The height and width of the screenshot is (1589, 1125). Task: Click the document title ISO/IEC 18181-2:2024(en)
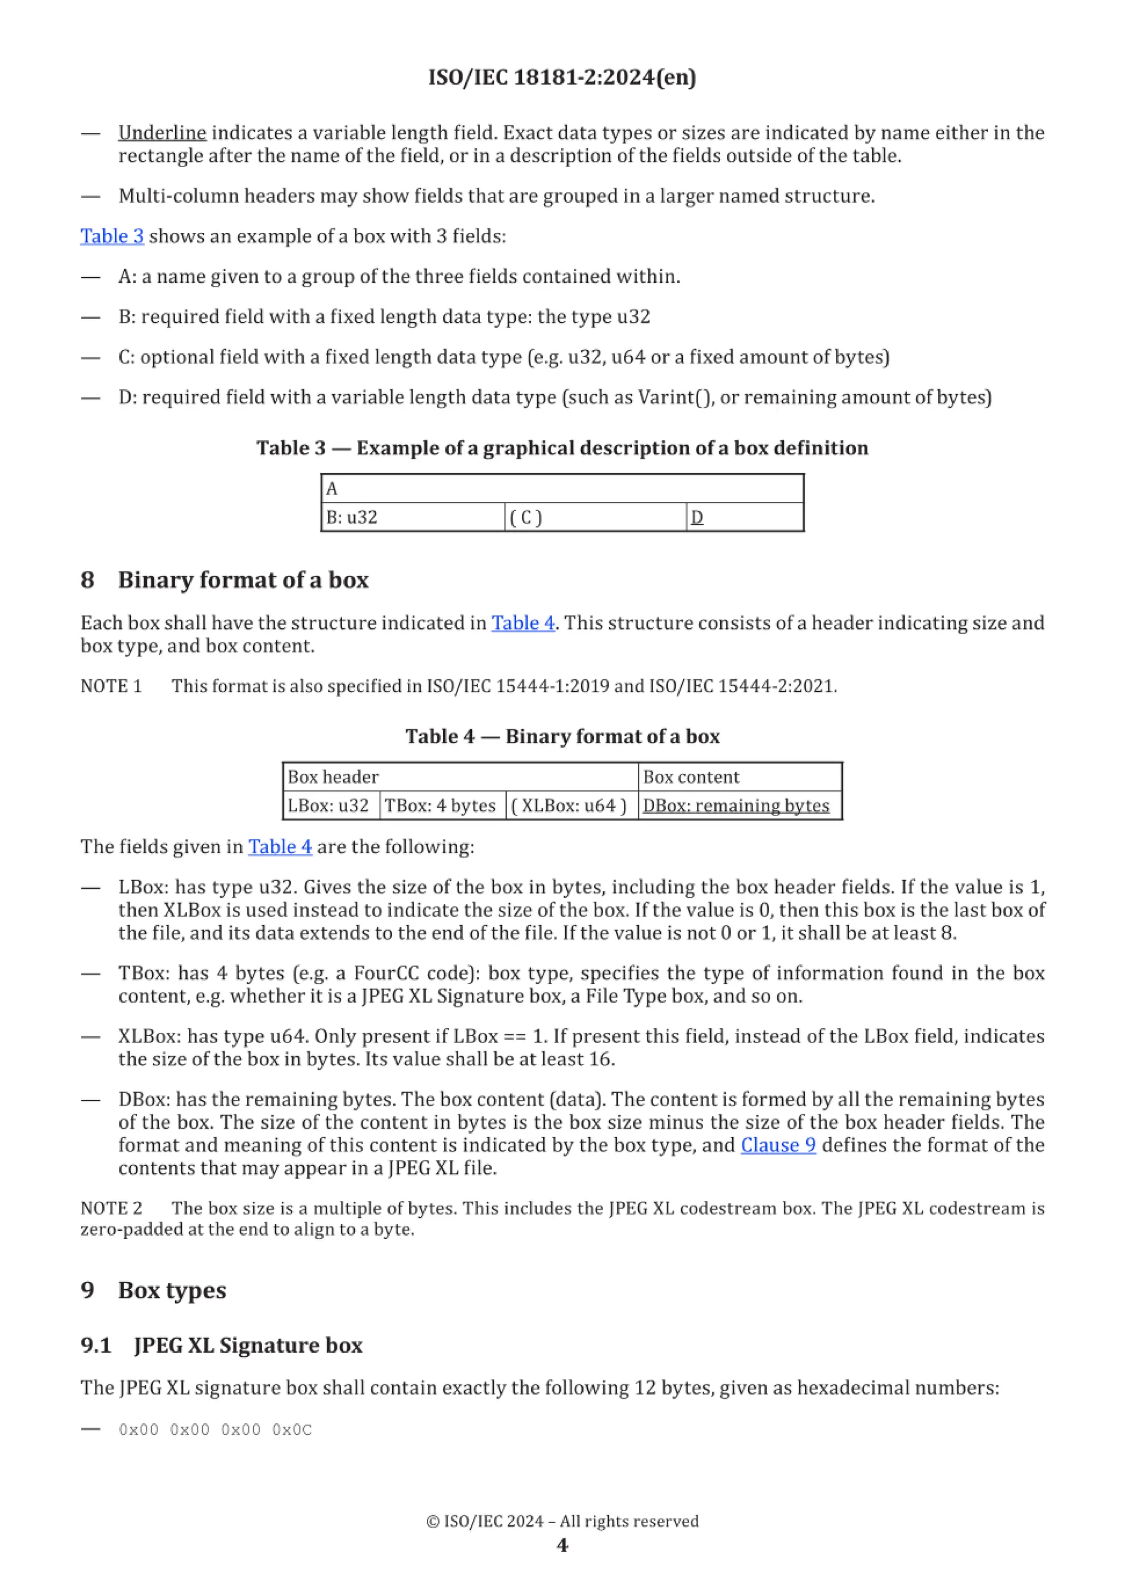[x=562, y=77]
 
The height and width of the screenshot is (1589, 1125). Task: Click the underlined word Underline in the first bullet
[x=162, y=132]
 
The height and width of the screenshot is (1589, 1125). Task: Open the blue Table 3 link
[x=112, y=236]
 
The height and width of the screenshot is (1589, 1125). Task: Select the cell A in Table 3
[x=562, y=488]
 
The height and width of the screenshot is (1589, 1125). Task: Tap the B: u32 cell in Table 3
[x=413, y=517]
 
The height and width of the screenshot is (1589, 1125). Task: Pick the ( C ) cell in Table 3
[x=595, y=517]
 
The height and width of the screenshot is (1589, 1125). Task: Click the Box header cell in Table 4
[x=459, y=777]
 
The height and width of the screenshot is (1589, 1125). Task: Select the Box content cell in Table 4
[x=739, y=777]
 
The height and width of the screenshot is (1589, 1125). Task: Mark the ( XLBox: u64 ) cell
[x=571, y=806]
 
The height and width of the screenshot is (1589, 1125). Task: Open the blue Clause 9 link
[x=778, y=1145]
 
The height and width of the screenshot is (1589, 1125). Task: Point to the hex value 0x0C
[x=292, y=1430]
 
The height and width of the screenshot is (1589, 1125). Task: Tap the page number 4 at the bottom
[x=562, y=1546]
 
